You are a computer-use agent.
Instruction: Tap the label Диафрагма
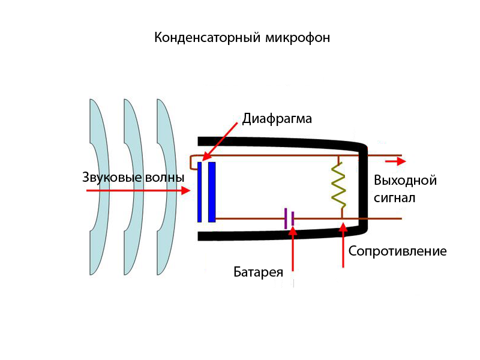(277, 118)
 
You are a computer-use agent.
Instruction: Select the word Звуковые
(112, 178)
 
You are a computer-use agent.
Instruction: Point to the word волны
(165, 178)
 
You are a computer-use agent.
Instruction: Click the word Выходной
(405, 181)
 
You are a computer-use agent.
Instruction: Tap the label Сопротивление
(397, 251)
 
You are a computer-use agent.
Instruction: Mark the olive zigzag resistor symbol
(339, 186)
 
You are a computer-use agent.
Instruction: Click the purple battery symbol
(290, 219)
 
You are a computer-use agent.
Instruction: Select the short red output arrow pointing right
(395, 161)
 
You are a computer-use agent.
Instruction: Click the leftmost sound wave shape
(98, 187)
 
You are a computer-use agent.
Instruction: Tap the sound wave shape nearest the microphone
(166, 187)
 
